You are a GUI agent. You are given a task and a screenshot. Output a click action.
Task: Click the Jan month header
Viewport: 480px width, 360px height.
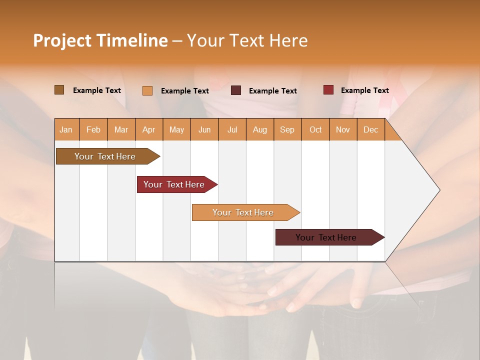[66, 129]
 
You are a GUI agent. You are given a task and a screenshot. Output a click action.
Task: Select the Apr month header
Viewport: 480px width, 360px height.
[148, 129]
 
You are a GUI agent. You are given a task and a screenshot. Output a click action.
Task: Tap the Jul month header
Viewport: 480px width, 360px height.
[232, 129]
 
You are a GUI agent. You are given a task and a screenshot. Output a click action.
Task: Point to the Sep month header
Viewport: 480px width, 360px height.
[287, 129]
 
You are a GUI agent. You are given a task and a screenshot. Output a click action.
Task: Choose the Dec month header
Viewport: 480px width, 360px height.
[370, 129]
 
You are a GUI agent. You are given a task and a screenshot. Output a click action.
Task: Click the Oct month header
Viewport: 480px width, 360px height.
[315, 129]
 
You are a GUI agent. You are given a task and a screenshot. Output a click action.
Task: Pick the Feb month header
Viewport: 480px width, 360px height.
[93, 129]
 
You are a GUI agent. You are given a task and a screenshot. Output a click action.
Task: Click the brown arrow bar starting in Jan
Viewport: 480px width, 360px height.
[105, 156]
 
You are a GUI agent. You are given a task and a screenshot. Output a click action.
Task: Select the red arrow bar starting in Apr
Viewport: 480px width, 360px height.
[174, 184]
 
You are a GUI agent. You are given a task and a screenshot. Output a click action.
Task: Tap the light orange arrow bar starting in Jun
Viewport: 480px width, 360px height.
[243, 212]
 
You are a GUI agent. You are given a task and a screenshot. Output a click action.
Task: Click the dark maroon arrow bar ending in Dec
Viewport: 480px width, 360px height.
[326, 237]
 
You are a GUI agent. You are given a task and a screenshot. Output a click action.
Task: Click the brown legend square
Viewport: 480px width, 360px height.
[59, 90]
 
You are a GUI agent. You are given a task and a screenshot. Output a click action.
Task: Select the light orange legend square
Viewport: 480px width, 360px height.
[147, 90]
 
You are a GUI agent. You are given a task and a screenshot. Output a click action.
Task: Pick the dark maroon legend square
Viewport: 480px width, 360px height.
[236, 90]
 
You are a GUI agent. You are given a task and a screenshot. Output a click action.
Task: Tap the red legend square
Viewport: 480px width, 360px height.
[328, 90]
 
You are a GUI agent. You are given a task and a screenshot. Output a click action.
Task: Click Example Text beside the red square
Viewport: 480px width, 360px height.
[364, 90]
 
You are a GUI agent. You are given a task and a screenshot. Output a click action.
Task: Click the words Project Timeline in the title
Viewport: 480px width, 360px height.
[100, 40]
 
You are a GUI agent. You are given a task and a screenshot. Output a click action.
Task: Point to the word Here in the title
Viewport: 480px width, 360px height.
[288, 40]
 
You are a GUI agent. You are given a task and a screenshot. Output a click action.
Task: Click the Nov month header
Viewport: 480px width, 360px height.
[342, 129]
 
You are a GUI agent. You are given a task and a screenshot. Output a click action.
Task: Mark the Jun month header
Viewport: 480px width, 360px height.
[204, 129]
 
